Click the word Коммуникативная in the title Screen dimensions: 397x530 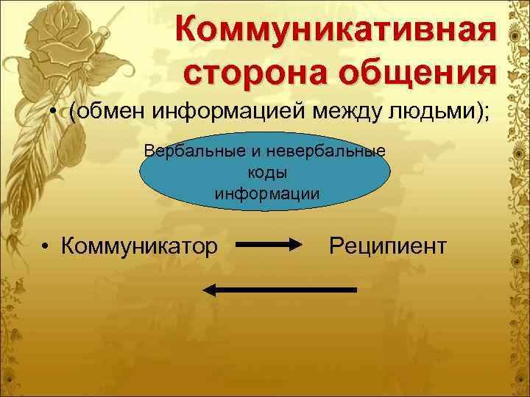coord(333,31)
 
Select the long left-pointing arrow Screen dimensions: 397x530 coord(279,290)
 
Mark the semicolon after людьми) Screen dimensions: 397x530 coord(486,115)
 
